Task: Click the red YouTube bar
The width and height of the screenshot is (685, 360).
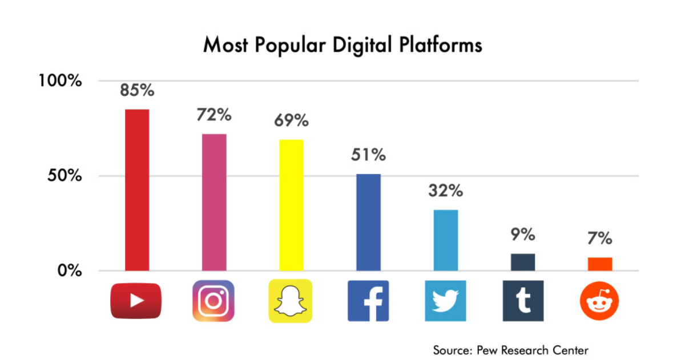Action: (x=136, y=190)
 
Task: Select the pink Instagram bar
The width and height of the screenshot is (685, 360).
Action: (x=214, y=203)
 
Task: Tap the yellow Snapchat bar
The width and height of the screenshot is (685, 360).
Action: (x=291, y=205)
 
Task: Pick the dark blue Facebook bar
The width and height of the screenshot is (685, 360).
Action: (x=368, y=223)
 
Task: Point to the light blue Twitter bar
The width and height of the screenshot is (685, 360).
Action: (x=445, y=240)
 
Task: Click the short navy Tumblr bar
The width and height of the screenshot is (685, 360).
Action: (x=523, y=262)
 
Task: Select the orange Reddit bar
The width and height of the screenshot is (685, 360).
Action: (x=600, y=264)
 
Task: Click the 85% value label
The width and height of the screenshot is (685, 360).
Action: (x=137, y=90)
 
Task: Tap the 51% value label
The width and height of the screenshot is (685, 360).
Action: (x=368, y=155)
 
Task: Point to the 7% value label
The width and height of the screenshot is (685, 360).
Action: (x=600, y=238)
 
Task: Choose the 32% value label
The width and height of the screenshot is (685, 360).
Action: (x=445, y=191)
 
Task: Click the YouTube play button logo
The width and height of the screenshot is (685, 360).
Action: (x=136, y=301)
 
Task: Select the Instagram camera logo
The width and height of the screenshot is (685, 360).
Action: (x=213, y=301)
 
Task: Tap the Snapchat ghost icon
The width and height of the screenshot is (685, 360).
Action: (x=291, y=301)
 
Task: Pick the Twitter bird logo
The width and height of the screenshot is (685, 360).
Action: (x=445, y=301)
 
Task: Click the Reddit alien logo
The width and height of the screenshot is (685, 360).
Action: (x=599, y=301)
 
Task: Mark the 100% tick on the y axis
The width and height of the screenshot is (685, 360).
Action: (x=61, y=80)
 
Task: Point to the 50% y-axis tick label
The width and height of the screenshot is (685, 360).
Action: (x=65, y=176)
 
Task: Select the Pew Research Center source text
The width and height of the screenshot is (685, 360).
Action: (x=510, y=350)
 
